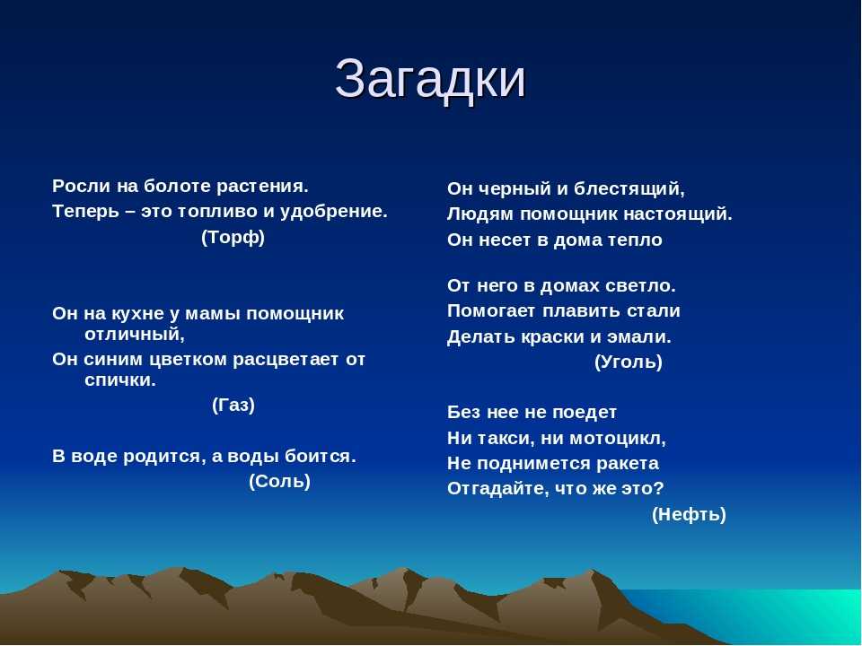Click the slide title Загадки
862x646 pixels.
click(x=430, y=79)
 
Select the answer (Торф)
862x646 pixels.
click(x=233, y=237)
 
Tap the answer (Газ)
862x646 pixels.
click(x=233, y=406)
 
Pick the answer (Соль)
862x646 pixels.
click(x=280, y=481)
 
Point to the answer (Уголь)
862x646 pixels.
click(x=629, y=362)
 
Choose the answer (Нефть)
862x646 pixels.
click(x=689, y=514)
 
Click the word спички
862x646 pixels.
click(x=120, y=380)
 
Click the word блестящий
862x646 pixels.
click(x=629, y=189)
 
